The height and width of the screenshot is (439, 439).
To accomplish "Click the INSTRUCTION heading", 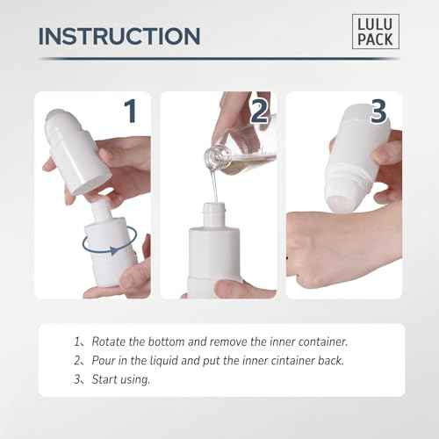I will pos(119,36).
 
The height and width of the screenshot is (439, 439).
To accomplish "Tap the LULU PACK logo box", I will pos(377,32).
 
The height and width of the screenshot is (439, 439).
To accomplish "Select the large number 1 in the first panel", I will pos(129,112).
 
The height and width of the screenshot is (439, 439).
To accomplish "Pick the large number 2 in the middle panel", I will pos(259,112).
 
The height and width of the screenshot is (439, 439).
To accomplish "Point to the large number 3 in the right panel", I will pos(378,112).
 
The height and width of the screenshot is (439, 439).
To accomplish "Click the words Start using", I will pos(119,379).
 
